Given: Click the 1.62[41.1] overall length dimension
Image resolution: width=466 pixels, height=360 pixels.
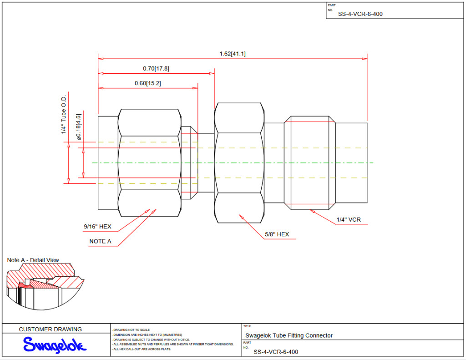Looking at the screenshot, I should coord(233,54).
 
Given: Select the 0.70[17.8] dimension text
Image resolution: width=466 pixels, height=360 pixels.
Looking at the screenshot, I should coord(156,68).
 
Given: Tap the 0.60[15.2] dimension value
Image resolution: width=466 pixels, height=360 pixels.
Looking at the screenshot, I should coord(147,83).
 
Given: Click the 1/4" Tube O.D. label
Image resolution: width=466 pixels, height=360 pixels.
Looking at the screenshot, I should coord(64,115).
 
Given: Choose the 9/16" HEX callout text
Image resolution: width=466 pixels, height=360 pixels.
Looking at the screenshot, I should coord(97,226).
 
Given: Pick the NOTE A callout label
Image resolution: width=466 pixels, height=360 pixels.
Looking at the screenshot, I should coord(100,241).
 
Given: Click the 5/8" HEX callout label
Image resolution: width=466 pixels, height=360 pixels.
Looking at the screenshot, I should coord(277,234).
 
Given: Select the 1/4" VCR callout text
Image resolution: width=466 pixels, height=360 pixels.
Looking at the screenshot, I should coord(349,220).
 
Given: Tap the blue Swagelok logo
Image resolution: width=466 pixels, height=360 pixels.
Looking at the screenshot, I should coord(54,345).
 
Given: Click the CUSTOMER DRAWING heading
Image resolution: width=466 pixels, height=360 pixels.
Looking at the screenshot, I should coord(51,329).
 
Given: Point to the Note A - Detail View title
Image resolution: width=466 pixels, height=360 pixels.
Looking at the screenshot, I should coord(33,260).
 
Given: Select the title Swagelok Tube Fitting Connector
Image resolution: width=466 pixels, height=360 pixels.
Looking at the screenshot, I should coord(289,335).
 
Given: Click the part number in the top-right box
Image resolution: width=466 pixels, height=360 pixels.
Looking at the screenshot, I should coord(360,14).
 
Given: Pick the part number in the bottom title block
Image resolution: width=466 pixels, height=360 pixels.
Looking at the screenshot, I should coord(276,352).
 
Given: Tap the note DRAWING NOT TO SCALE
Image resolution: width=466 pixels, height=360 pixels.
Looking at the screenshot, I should coord(132,330).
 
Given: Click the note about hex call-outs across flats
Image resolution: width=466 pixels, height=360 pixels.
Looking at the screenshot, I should coord(142,349).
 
